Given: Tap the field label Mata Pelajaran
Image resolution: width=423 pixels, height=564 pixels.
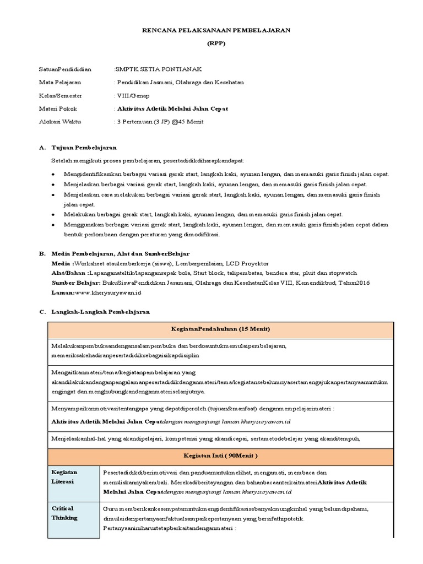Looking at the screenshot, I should tap(60, 82).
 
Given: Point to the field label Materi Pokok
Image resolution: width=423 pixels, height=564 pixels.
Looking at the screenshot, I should tap(58, 109).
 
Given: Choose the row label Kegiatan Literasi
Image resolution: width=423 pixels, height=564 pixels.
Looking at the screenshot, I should tap(66, 477).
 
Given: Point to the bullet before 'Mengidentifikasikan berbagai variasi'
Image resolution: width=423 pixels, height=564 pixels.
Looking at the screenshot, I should tap(52, 175).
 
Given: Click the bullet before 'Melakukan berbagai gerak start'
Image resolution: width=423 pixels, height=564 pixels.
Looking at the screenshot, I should tap(52, 214).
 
